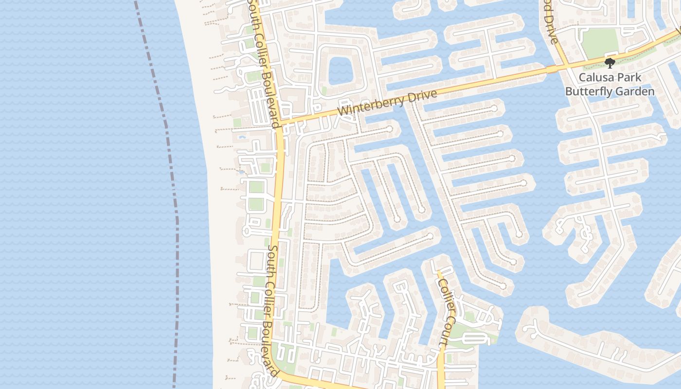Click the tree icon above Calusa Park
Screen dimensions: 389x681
[609, 63]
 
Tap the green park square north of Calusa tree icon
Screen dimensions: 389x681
[600, 42]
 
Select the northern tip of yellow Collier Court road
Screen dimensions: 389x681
[438, 272]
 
